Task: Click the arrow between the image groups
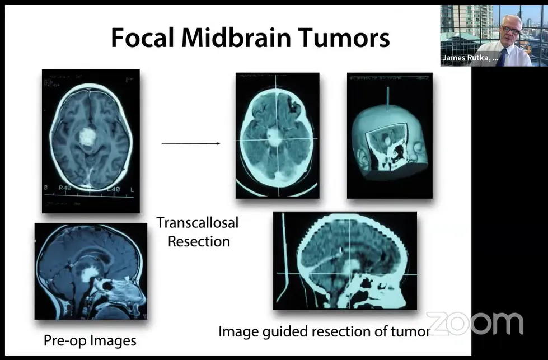191,144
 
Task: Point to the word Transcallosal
197,223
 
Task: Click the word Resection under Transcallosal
199,242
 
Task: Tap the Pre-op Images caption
90,340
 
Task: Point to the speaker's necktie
502,57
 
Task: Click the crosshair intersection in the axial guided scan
274,139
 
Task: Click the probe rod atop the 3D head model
387,96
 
